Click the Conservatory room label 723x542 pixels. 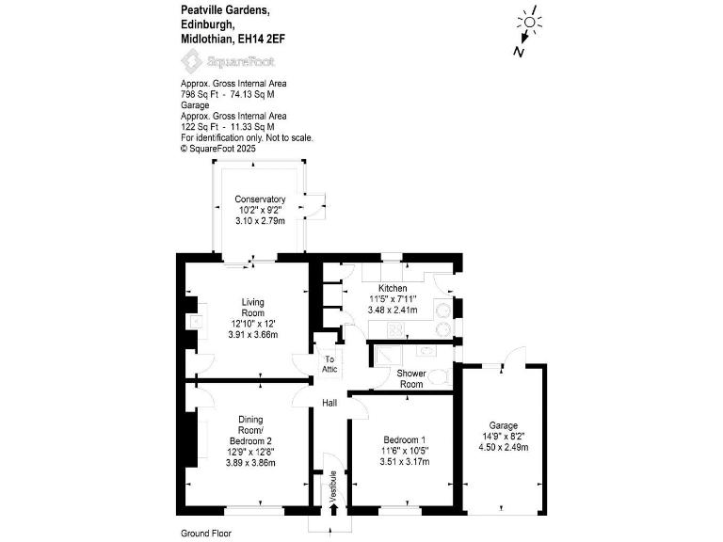click(260, 199)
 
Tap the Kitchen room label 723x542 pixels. click(393, 288)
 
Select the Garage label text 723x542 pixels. click(504, 425)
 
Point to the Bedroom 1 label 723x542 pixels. click(405, 439)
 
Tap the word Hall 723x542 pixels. click(329, 403)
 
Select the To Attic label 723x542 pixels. click(329, 364)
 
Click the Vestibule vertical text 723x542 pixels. click(332, 486)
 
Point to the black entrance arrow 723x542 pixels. click(332, 509)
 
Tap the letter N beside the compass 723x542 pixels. click(518, 53)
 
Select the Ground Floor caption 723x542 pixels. click(205, 533)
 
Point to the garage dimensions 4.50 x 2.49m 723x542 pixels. click(504, 448)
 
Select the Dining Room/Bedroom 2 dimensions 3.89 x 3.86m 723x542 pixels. click(249, 463)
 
